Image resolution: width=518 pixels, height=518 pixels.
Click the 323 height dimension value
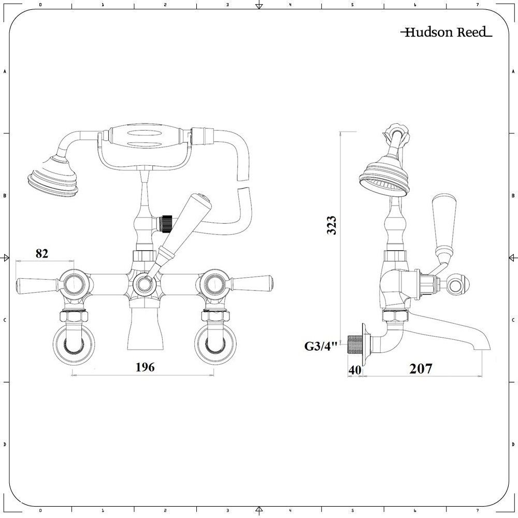pyautogui.click(x=333, y=226)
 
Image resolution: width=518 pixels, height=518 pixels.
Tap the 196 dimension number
pyautogui.click(x=145, y=367)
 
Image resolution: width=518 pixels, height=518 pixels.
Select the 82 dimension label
pyautogui.click(x=42, y=253)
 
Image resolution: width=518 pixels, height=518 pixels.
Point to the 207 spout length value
pyautogui.click(x=421, y=369)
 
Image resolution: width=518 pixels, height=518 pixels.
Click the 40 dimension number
pyautogui.click(x=354, y=369)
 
